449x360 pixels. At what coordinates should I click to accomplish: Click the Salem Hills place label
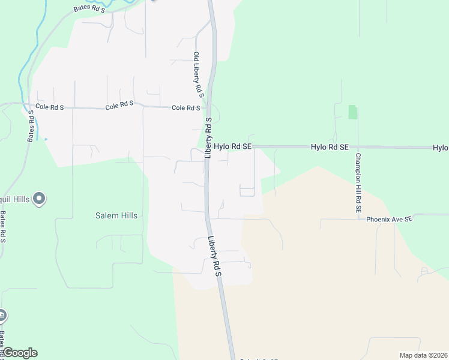tap(116, 215)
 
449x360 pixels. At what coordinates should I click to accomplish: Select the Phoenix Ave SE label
tap(390, 220)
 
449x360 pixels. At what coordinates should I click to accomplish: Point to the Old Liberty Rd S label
tap(198, 75)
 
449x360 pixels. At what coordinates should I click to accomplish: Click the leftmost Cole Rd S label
tap(50, 106)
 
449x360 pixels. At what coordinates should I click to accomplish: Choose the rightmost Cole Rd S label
tap(185, 108)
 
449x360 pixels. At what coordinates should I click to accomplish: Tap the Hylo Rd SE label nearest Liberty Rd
tap(232, 146)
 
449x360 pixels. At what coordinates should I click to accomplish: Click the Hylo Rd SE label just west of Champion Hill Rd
tap(330, 147)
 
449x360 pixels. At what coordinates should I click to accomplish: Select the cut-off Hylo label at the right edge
tap(441, 148)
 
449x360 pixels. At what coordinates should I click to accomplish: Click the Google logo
tap(20, 353)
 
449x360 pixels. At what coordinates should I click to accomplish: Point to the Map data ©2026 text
tap(423, 355)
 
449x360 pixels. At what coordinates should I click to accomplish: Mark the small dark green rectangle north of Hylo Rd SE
tap(352, 112)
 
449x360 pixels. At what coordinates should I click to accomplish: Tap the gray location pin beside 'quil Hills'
tap(40, 198)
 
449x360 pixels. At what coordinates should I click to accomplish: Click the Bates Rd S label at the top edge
tap(89, 9)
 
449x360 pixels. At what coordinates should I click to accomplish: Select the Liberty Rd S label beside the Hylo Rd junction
tap(208, 137)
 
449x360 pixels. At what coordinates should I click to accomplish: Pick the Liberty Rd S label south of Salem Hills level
tap(215, 256)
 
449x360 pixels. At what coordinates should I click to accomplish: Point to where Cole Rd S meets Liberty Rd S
tap(207, 109)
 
